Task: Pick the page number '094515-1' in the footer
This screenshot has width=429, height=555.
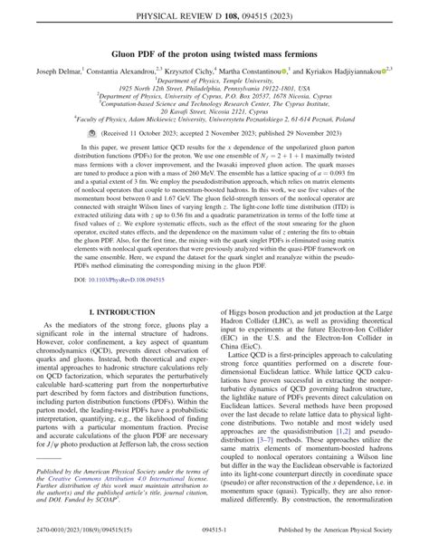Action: click(214, 545)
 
